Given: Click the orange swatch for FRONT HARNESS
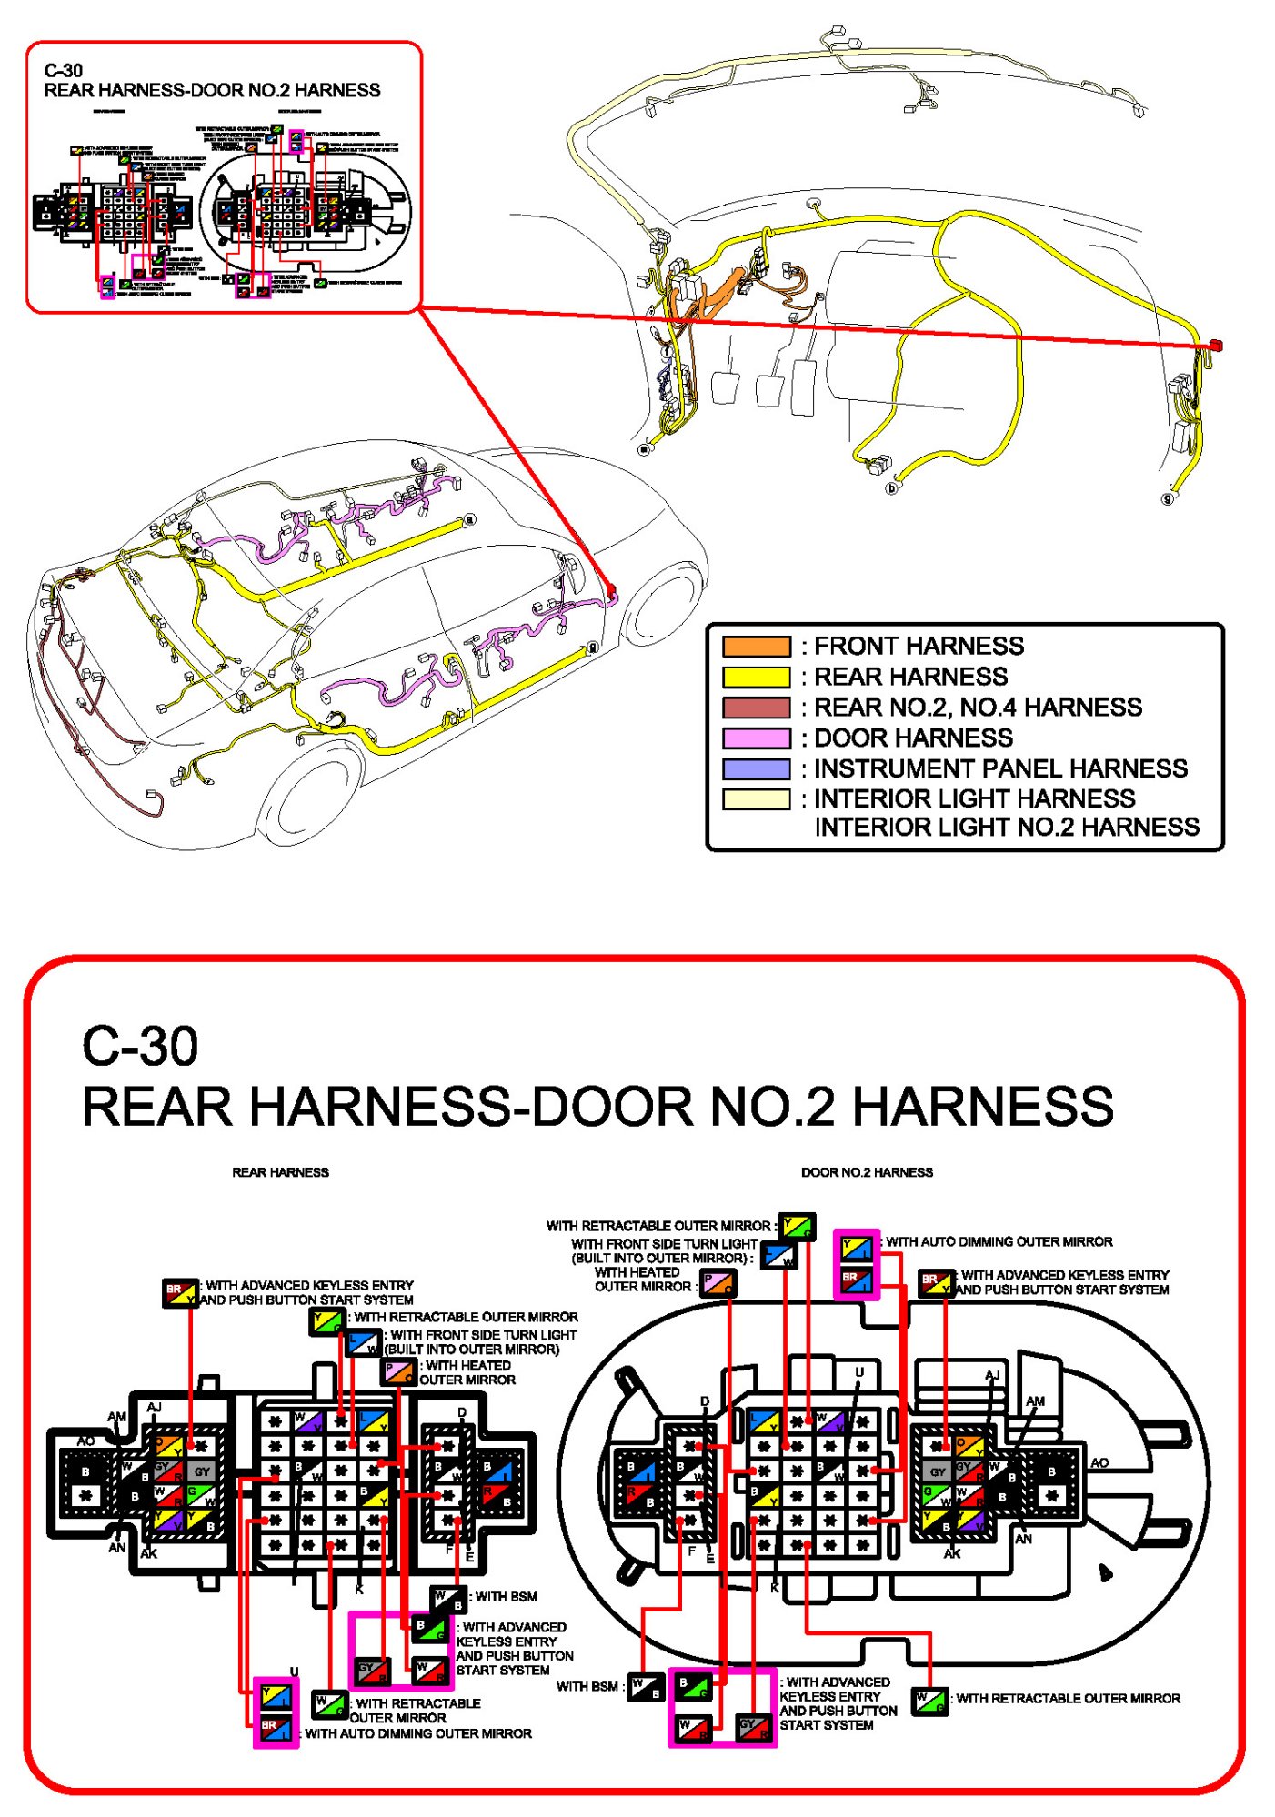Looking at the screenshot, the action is pyautogui.click(x=756, y=647).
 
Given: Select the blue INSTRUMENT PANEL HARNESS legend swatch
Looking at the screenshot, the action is pyautogui.click(x=756, y=768).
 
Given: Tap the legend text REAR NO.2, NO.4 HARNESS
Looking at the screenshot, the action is pyautogui.click(x=977, y=707).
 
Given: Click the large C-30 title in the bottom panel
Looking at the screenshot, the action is pyautogui.click(x=140, y=1046).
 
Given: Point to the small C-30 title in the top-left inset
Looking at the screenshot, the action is pyautogui.click(x=64, y=70).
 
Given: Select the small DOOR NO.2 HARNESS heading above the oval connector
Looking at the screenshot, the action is pyautogui.click(x=867, y=1172).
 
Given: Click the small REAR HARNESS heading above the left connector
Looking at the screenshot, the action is pyautogui.click(x=280, y=1172).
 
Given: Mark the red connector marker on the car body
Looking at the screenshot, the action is pyautogui.click(x=611, y=591).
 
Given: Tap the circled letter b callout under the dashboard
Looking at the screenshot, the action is pyautogui.click(x=892, y=488).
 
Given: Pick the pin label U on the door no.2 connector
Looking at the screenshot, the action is pyautogui.click(x=858, y=1372).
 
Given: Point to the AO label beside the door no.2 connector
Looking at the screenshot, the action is pyautogui.click(x=1099, y=1462).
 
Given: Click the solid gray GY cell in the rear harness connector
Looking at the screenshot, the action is pyautogui.click(x=202, y=1471).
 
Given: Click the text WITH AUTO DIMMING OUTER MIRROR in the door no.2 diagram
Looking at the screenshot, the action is pyautogui.click(x=999, y=1241).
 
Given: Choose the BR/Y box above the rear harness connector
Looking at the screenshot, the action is pyautogui.click(x=180, y=1291).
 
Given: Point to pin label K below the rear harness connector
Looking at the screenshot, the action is pyautogui.click(x=359, y=1590).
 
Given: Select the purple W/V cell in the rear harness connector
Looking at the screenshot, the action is pyautogui.click(x=307, y=1421).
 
